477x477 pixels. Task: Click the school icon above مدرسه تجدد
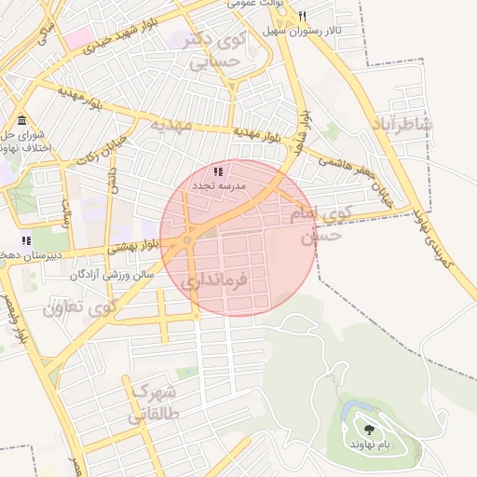218,172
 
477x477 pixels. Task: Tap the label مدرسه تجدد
219,186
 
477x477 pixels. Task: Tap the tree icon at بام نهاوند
370,430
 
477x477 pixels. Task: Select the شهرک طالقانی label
156,401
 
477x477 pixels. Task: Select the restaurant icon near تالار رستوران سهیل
303,17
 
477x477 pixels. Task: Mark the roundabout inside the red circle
188,240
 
